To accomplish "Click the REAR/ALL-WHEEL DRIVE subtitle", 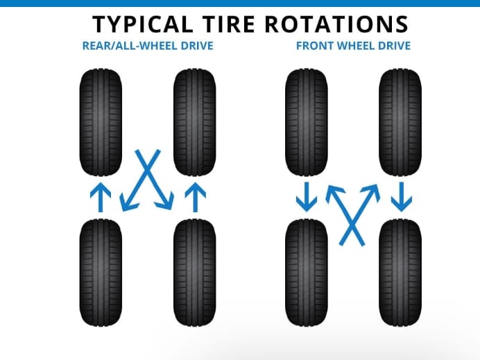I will (147, 46).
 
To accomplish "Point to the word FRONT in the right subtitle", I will (314, 46).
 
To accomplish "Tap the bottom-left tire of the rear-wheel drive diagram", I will (101, 272).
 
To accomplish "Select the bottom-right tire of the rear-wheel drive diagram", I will (194, 272).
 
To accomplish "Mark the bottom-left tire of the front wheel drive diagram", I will (307, 272).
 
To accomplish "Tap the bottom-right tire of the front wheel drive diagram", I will (400, 272).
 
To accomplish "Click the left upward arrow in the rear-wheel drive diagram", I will (101, 197).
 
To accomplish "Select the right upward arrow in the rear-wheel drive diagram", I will (194, 197).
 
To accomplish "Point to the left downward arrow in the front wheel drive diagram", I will (307, 197).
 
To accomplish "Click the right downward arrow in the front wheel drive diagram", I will (400, 197).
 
